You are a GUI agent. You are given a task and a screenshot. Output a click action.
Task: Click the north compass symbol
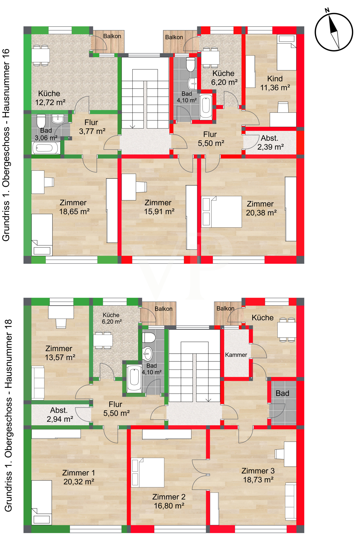334,31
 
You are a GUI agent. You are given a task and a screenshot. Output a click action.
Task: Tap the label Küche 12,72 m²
50,98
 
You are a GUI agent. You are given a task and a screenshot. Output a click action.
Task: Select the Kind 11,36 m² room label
275,83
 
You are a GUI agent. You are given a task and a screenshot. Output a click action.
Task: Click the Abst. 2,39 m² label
270,143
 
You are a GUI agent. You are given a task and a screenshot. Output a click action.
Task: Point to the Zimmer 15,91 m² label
159,207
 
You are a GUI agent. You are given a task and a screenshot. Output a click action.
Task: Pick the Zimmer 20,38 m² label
261,208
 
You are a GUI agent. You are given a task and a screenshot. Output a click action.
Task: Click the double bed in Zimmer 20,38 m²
221,212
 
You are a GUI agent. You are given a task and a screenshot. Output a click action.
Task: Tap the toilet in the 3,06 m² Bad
41,121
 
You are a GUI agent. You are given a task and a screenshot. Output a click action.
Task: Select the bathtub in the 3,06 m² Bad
46,148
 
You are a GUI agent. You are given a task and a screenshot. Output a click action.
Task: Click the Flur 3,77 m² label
92,127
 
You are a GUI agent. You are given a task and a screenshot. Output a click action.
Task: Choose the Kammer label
236,355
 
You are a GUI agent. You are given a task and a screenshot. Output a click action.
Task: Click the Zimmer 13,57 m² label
60,353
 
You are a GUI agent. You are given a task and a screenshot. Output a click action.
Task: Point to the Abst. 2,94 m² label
60,415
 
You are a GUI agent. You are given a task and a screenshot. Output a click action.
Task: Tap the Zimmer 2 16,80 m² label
169,501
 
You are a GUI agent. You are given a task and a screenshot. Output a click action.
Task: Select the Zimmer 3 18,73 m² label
258,475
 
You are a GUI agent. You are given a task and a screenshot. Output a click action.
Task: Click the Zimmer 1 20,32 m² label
79,477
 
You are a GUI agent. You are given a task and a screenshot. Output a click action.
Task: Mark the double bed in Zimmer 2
147,472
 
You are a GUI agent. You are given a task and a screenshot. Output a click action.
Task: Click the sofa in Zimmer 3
291,502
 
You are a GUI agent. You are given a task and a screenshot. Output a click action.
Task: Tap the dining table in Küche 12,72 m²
41,55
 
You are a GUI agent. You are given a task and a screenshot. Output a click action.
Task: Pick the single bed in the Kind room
286,52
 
